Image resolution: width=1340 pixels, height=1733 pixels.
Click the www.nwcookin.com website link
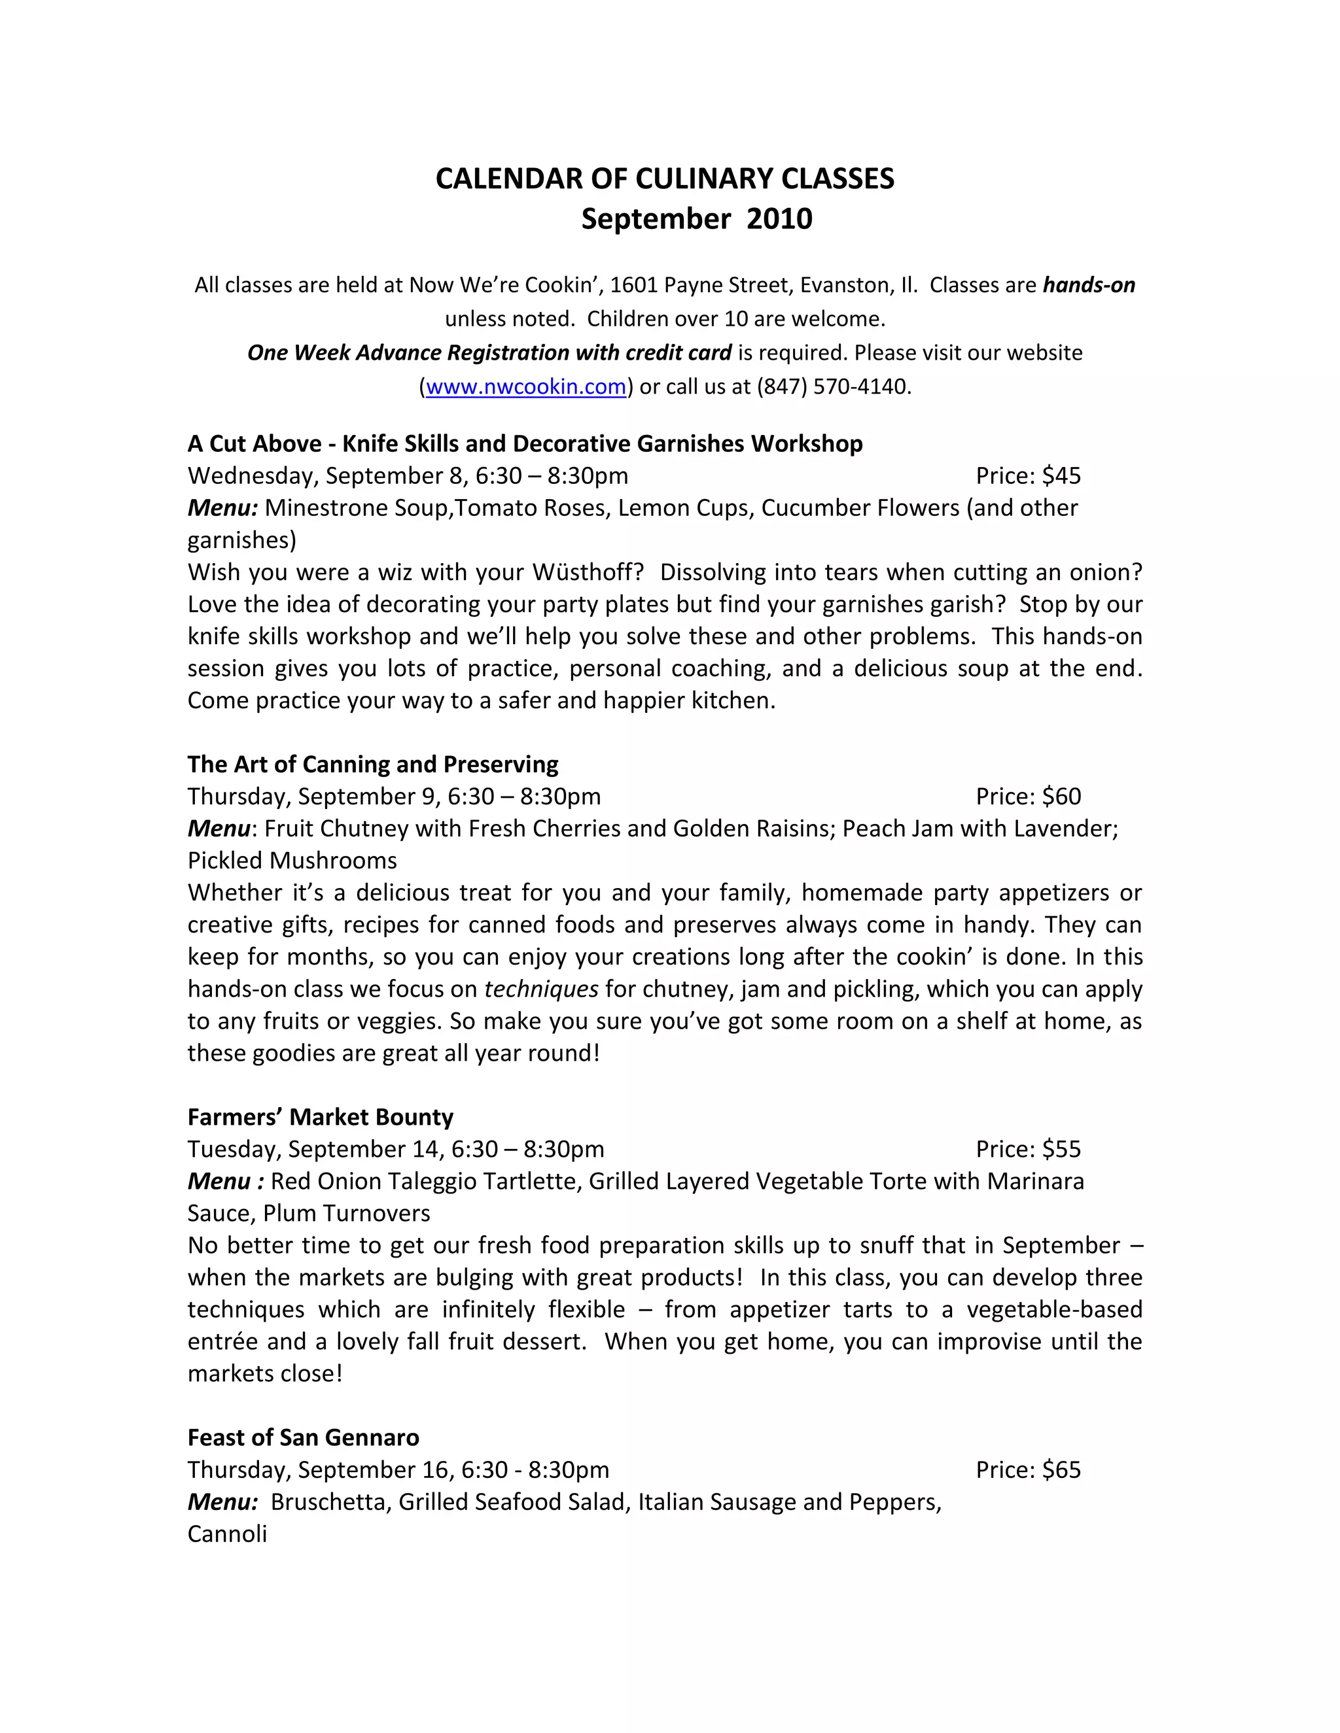[x=525, y=386]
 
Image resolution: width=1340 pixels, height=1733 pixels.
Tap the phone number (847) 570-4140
[x=832, y=386]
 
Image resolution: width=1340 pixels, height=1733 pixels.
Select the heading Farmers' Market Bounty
[x=320, y=1116]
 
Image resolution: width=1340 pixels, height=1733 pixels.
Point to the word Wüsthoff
[x=588, y=572]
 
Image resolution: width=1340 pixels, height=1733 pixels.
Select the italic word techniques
[x=540, y=989]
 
